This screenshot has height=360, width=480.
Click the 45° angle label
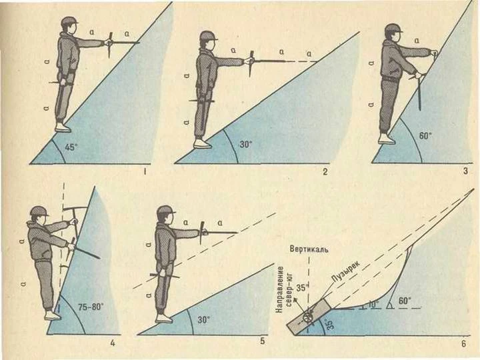point(71,147)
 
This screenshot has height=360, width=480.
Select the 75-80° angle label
point(91,307)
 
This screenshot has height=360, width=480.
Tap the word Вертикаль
point(309,249)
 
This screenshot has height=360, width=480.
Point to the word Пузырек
point(346,271)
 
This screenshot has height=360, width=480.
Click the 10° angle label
point(373,304)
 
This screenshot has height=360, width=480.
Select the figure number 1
point(145,172)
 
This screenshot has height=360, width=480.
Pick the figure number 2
point(325,171)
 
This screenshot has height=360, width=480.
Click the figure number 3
point(465,171)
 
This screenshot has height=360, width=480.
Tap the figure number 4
point(113,343)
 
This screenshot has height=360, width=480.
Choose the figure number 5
point(263,341)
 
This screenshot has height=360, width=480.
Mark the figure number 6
point(464,343)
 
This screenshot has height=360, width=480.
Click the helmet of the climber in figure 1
point(69,21)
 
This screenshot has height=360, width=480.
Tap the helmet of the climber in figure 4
point(39,211)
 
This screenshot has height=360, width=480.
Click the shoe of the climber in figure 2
point(203,143)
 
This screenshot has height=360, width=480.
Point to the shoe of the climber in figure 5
point(164,318)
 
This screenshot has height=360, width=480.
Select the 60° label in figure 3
point(425,135)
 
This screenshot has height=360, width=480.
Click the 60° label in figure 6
point(405,301)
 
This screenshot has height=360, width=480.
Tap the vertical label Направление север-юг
point(285,289)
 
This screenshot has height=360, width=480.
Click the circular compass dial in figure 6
point(308,317)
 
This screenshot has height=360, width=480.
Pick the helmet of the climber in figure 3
point(393,28)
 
